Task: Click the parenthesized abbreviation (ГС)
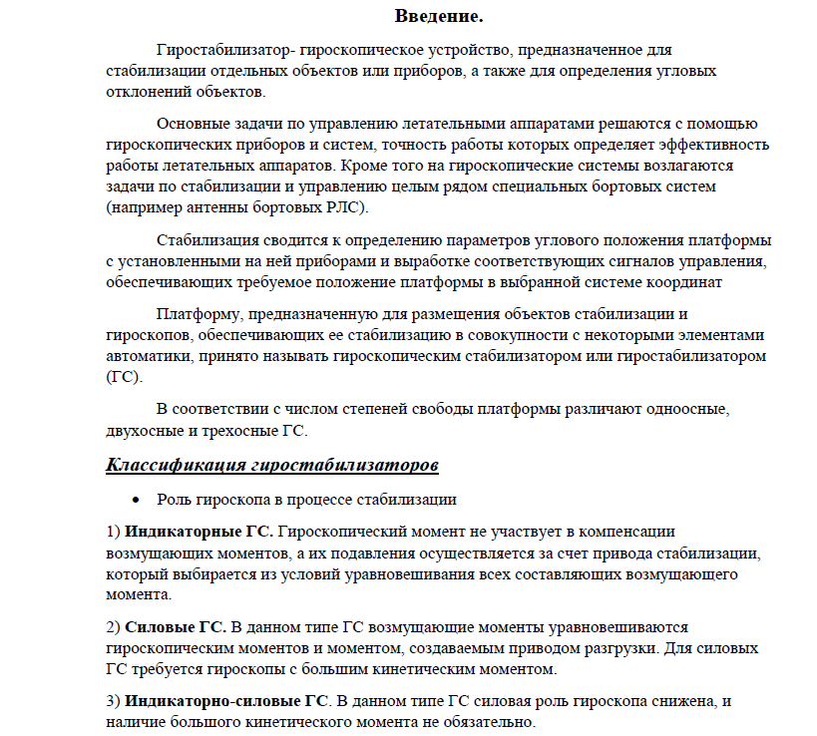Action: click(x=124, y=378)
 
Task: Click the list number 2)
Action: click(x=113, y=626)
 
